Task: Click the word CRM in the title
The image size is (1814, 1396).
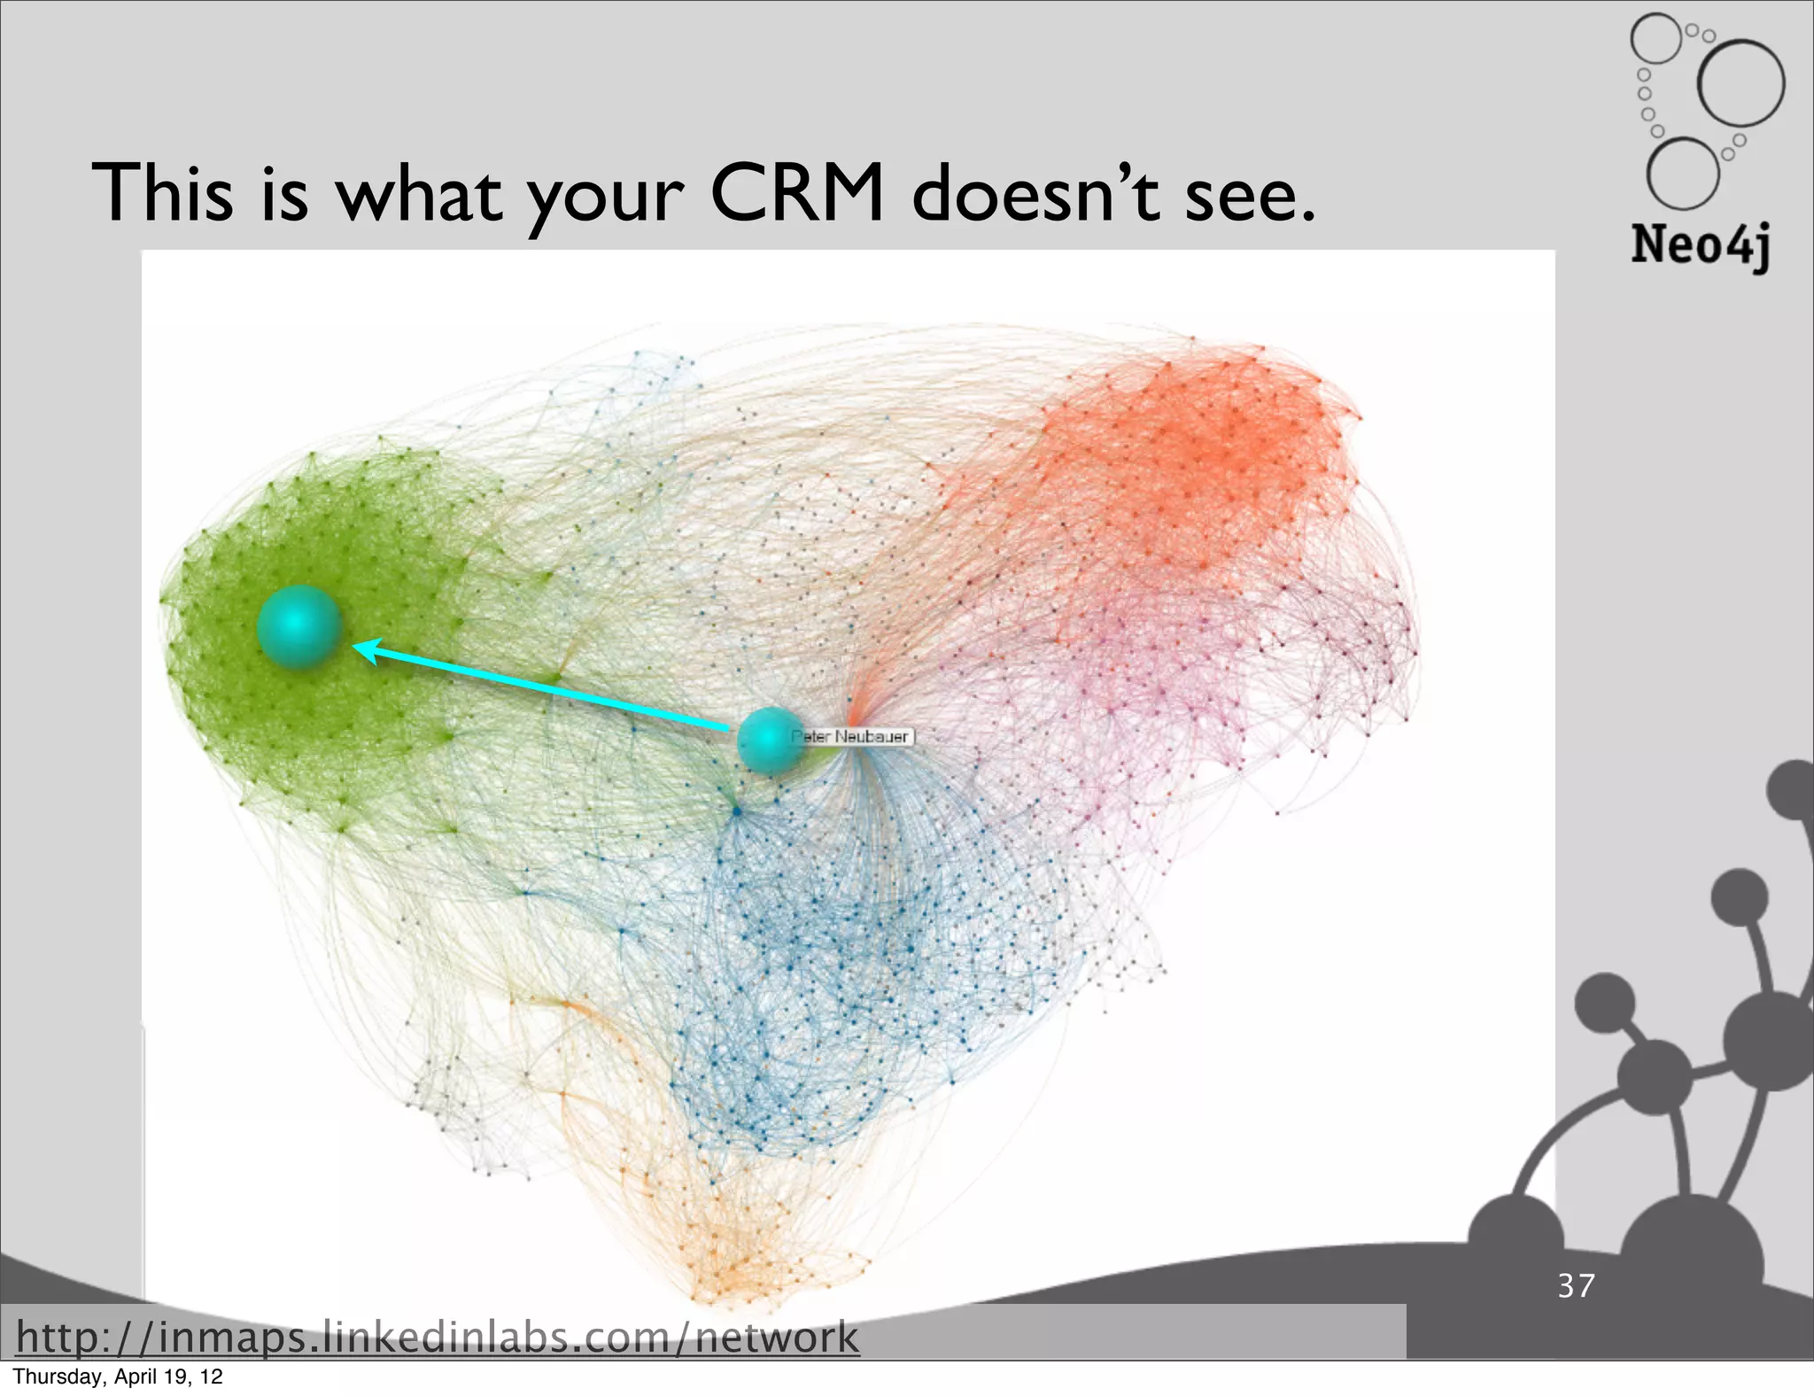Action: (x=796, y=193)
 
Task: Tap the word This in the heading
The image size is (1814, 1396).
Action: (x=163, y=193)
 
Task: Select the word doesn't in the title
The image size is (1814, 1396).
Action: (x=1035, y=193)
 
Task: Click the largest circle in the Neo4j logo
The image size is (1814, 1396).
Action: (x=1740, y=82)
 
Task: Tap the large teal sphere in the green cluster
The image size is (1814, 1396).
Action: (x=299, y=626)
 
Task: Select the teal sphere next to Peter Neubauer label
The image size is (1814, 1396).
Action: (x=770, y=741)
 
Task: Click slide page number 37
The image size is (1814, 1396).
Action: (x=1577, y=1285)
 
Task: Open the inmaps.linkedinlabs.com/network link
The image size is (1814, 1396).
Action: (x=438, y=1337)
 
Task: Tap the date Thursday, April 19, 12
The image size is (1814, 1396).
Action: (x=118, y=1377)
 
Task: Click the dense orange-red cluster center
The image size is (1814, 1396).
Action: (x=1213, y=452)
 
